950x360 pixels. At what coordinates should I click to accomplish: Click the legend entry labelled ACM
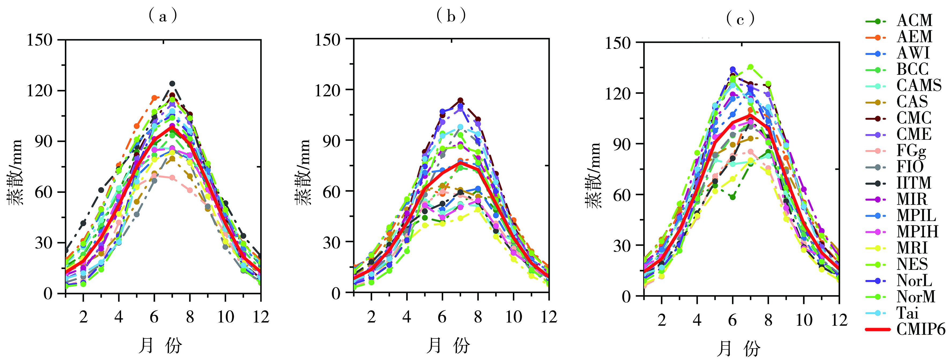915,21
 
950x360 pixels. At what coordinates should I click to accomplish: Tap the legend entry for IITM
914,183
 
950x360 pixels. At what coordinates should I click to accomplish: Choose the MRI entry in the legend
912,248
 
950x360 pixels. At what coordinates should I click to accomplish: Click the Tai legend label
907,313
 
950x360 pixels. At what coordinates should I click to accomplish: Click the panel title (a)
163,16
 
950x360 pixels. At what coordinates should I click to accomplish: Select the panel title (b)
451,16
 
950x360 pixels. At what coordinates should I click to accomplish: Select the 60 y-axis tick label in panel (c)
622,195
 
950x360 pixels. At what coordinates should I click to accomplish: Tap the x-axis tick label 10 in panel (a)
225,317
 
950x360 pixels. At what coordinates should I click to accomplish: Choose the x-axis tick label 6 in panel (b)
442,317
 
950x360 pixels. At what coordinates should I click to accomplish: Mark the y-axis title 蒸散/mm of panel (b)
302,172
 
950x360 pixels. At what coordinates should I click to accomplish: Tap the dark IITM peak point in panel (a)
172,84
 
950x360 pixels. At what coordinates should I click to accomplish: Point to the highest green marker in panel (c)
750,67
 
